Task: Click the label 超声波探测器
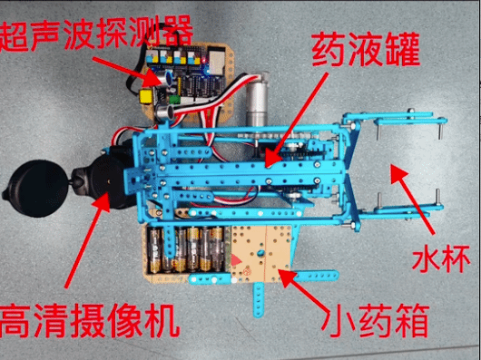pos(96,33)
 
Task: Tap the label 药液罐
pos(365,50)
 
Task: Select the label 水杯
pos(441,258)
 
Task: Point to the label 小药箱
pos(375,320)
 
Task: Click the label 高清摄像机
pos(89,320)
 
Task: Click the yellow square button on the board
pos(146,95)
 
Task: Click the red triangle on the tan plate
pos(235,260)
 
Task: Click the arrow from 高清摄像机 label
pos(87,240)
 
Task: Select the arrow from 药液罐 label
pos(296,120)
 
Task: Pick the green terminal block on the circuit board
pos(174,99)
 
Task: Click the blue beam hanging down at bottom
pos(259,299)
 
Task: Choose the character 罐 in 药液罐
pos(402,50)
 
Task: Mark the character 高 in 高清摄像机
pos(15,320)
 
